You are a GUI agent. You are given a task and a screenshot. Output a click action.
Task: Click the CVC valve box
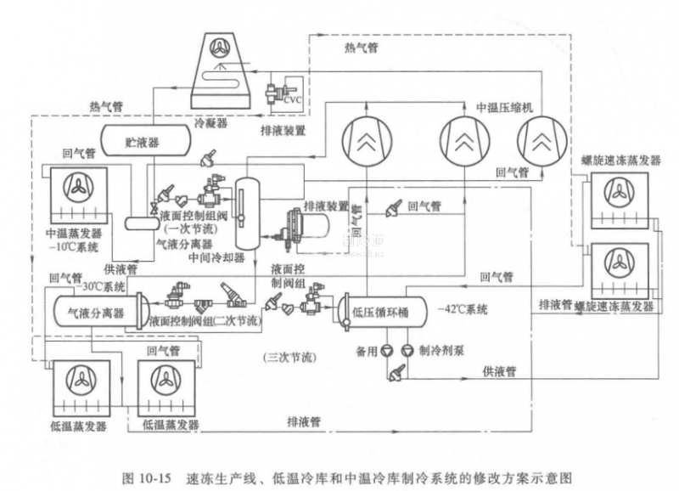tap(292, 99)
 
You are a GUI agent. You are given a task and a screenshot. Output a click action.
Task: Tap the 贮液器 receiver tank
tap(142, 138)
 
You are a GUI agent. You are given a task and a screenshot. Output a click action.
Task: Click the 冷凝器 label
tap(211, 121)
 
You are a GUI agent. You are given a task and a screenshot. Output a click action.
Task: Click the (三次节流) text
tap(289, 358)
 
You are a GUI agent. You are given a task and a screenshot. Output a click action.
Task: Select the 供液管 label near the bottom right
tap(500, 371)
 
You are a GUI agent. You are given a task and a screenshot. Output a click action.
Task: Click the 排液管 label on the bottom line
tap(303, 420)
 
